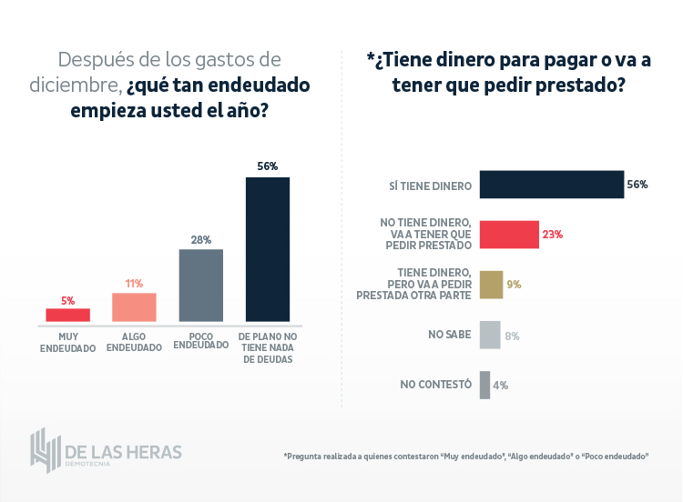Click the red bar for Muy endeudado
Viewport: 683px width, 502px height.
67,315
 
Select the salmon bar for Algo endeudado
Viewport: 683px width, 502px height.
134,306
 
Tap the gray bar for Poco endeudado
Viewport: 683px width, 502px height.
201,285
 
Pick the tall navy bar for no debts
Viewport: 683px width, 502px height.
268,249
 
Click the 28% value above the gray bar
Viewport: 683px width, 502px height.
201,240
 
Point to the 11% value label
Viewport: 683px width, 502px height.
134,284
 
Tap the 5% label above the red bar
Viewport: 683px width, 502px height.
67,300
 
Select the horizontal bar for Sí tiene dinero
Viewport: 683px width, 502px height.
551,185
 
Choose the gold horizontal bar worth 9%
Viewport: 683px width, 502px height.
491,284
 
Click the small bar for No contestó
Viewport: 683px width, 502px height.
484,385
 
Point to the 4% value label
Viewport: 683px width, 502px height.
500,385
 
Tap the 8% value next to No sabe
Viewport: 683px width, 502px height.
512,336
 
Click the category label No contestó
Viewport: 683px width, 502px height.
436,385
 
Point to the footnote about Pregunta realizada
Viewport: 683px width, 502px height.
465,454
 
